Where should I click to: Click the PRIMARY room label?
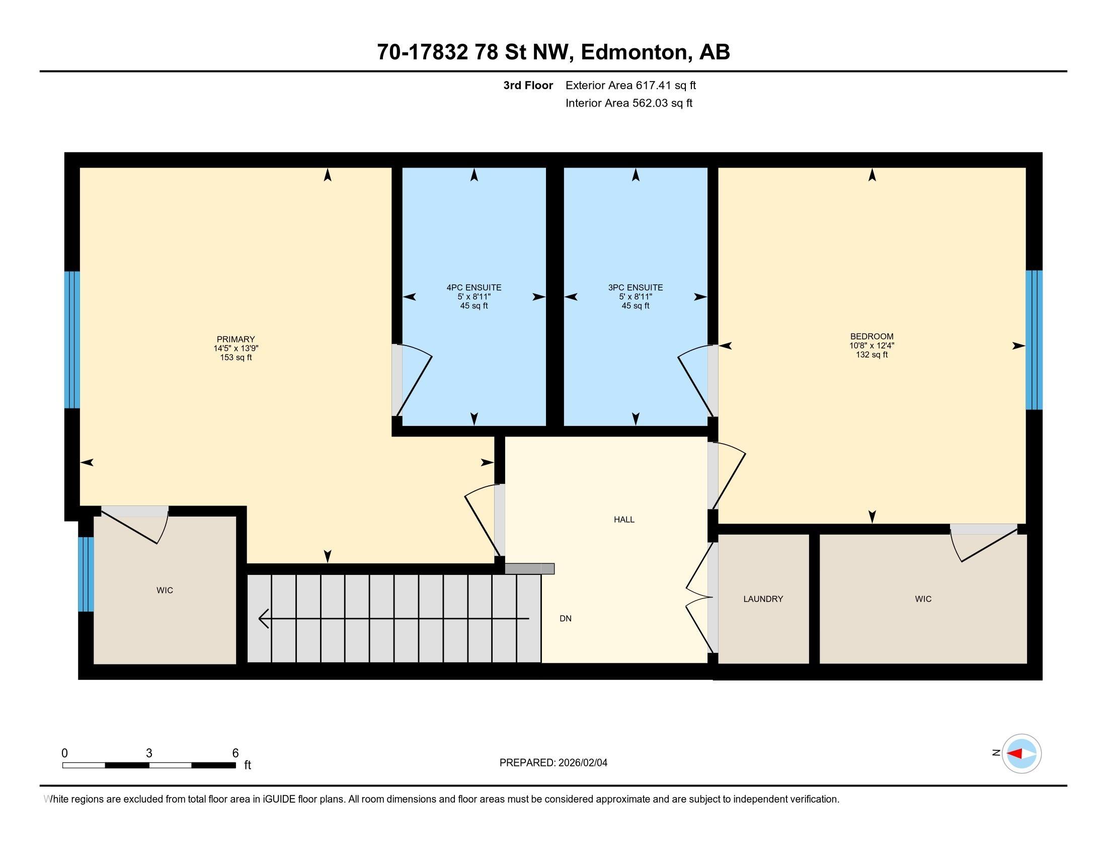(235, 339)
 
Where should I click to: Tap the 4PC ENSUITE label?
(474, 288)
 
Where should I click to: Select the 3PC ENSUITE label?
(636, 288)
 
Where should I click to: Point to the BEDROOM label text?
(872, 336)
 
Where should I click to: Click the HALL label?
(624, 520)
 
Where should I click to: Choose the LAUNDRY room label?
(763, 599)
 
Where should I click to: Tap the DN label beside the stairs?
(566, 619)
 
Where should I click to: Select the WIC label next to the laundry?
(923, 599)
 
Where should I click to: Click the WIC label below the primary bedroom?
(165, 590)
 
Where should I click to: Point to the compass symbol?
(1021, 753)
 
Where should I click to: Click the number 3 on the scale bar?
(149, 753)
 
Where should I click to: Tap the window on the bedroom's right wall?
(1034, 340)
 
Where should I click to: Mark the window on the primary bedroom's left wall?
(72, 340)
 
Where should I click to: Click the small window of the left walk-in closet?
(86, 574)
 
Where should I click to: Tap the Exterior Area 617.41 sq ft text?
(630, 85)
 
